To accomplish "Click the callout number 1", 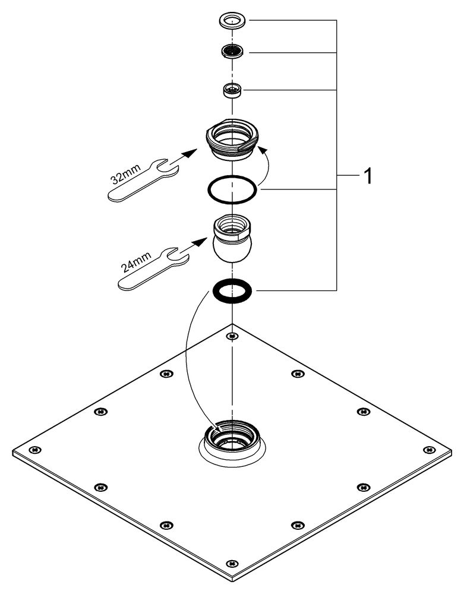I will tap(368, 176).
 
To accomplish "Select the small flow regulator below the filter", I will tap(232, 90).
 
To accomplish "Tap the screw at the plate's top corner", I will tap(232, 337).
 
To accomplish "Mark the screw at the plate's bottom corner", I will tap(232, 562).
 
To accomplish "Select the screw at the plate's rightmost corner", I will tap(427, 449).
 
